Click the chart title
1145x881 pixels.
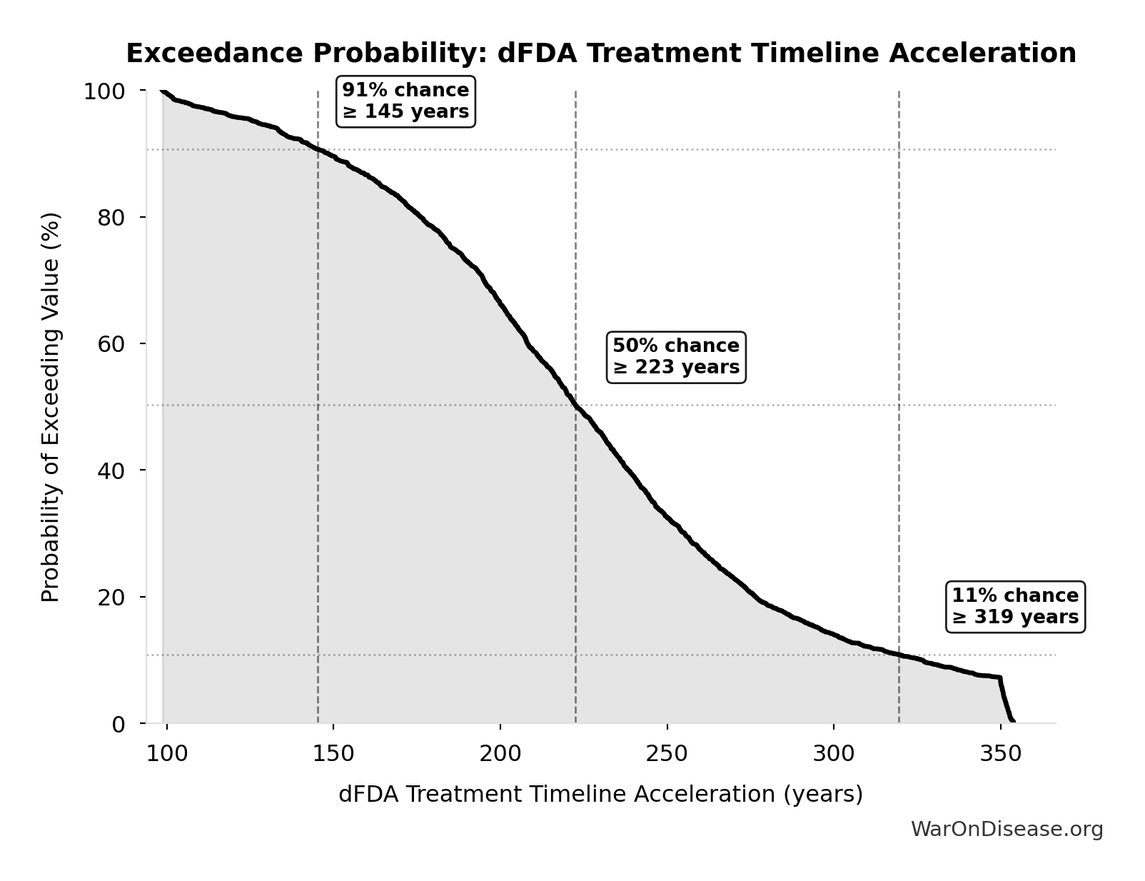(x=600, y=54)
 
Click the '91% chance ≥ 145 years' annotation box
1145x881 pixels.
(x=405, y=101)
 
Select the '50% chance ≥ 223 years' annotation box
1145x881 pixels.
(x=676, y=356)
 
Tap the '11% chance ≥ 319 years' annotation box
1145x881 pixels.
(x=1014, y=606)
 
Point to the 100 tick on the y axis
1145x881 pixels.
(x=104, y=91)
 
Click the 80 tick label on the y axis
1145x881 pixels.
(x=111, y=217)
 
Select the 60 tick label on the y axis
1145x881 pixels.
(x=111, y=343)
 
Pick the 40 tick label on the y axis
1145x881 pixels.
(x=111, y=470)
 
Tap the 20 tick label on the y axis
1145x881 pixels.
(x=111, y=597)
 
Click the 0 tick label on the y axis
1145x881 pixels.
(x=118, y=723)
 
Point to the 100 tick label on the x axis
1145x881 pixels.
(x=166, y=753)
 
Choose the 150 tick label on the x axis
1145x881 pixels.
(x=333, y=753)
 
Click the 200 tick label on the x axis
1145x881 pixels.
(x=500, y=753)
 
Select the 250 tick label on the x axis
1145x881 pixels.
(x=667, y=753)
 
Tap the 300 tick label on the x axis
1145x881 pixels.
(x=834, y=753)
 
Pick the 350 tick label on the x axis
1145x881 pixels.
(x=1001, y=753)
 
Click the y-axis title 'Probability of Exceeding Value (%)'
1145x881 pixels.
(x=50, y=407)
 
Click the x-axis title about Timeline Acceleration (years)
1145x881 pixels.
(x=600, y=794)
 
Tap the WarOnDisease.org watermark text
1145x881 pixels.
(x=1007, y=829)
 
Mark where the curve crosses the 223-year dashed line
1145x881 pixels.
(x=575, y=405)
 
